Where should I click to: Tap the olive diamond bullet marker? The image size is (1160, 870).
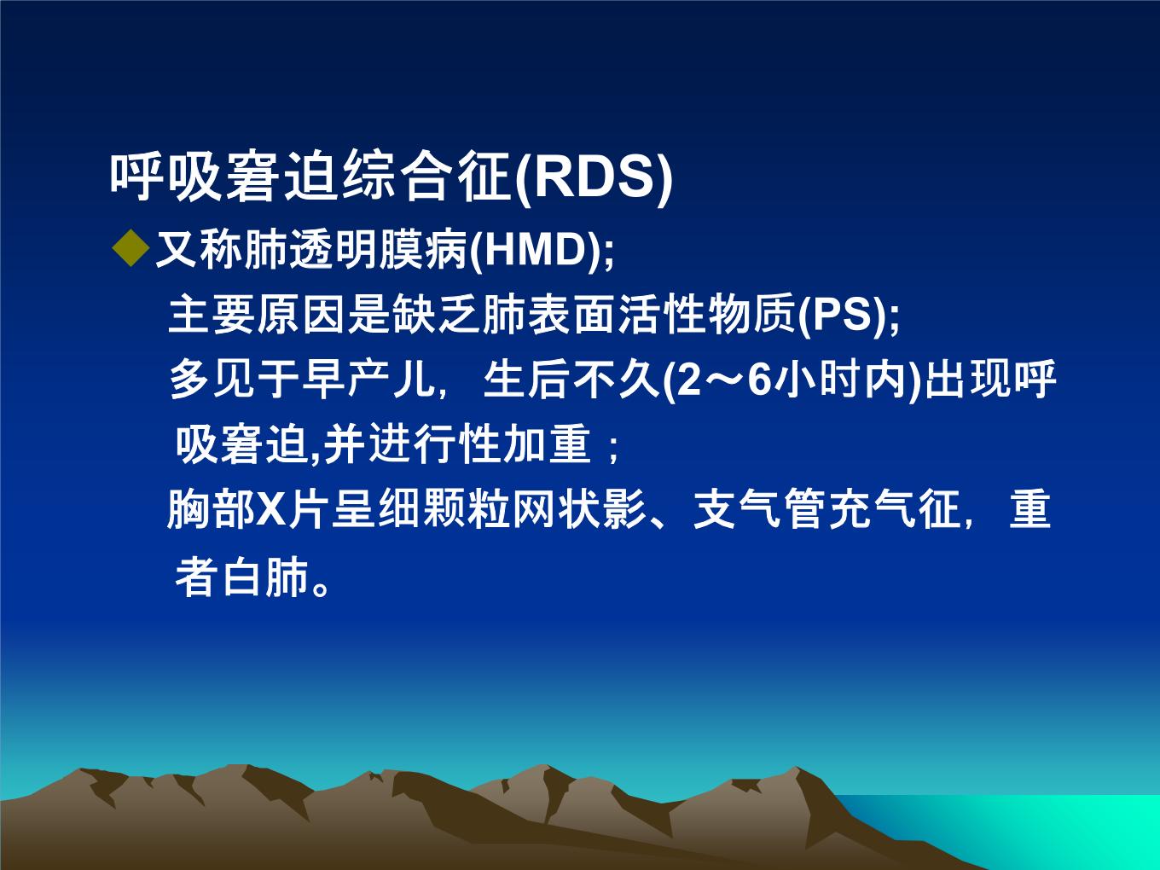[x=131, y=248]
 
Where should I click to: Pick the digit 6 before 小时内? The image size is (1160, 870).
[x=761, y=380]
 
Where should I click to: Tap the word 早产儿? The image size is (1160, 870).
[x=367, y=380]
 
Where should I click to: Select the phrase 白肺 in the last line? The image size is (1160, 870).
[x=266, y=577]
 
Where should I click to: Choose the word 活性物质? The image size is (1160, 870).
[x=706, y=315]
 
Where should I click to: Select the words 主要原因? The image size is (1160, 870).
[x=257, y=315]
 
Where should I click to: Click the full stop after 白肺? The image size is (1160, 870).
[x=320, y=588]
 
